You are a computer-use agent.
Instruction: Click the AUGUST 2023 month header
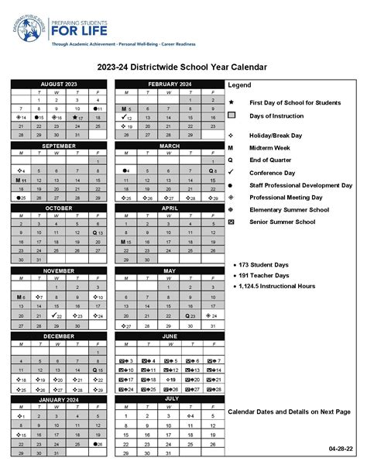tap(59, 83)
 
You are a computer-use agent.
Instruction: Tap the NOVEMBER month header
tap(59, 271)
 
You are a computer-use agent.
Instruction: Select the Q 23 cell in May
tap(190, 315)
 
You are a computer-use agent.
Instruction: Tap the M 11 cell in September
tap(22, 180)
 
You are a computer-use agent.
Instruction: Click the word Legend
tap(239, 84)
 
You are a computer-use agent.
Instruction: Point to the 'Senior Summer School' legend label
tap(283, 222)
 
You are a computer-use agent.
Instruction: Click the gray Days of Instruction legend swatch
tap(232, 115)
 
